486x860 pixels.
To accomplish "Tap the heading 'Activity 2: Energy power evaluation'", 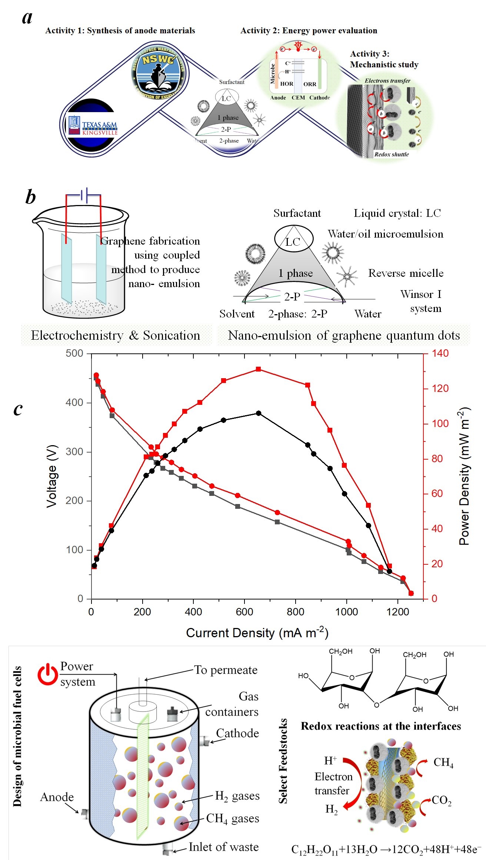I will [309, 31].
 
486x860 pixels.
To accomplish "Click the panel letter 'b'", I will [31, 197].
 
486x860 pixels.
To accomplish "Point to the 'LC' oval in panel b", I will [293, 239].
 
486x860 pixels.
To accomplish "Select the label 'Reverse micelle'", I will [406, 273].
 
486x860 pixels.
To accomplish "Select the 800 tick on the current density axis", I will [295, 612].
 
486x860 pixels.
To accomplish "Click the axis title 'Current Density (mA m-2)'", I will [257, 633].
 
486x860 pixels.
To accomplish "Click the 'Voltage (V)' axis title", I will [51, 476].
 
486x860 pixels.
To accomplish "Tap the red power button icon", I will [47, 674].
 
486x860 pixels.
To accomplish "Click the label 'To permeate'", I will [226, 670].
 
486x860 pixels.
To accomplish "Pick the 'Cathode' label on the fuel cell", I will [237, 733].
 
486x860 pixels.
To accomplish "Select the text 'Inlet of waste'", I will [223, 847].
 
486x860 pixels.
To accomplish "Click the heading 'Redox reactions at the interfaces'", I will [381, 726].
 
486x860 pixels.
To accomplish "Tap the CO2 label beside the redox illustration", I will [442, 801].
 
